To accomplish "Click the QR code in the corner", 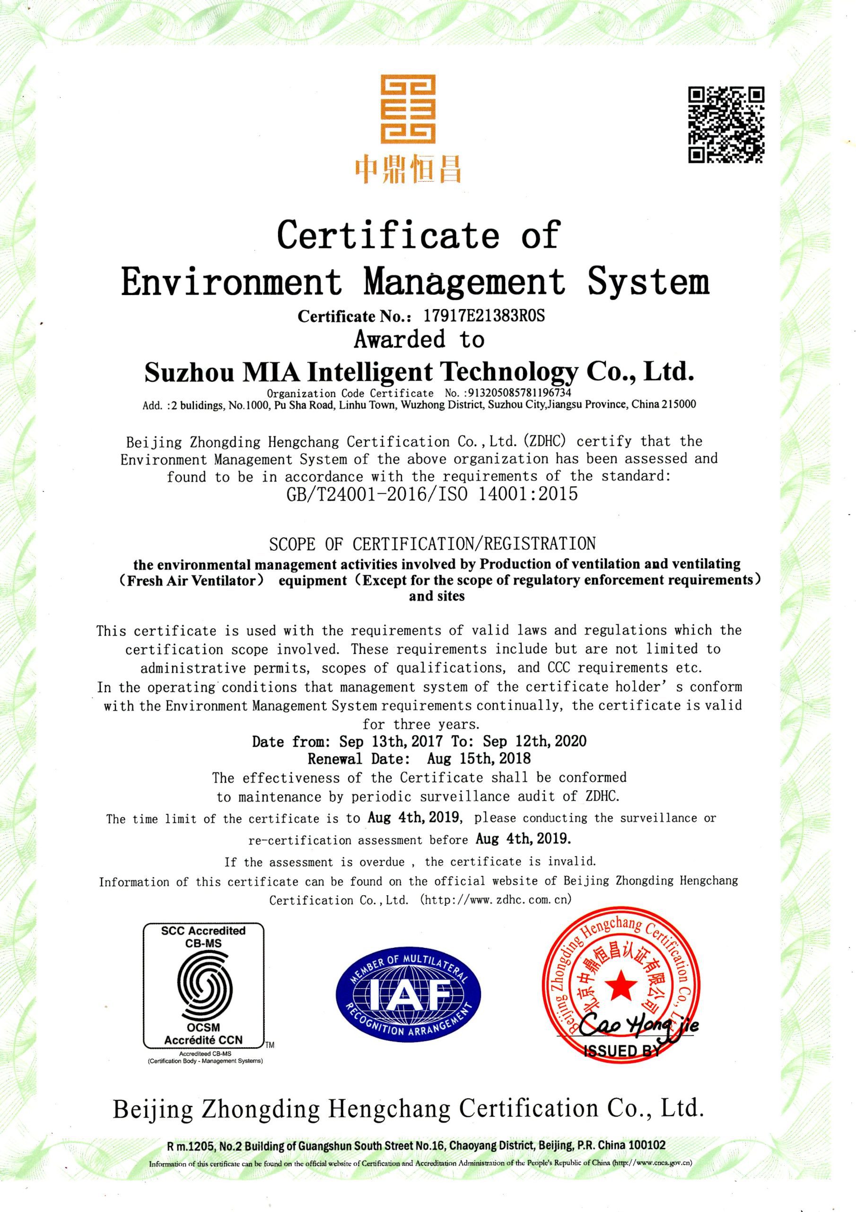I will pyautogui.click(x=726, y=125).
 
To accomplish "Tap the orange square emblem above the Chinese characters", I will pyautogui.click(x=409, y=109).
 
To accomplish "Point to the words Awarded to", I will pyautogui.click(x=419, y=339).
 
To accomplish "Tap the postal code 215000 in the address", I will pyautogui.click(x=681, y=405).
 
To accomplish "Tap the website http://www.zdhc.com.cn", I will pyautogui.click(x=496, y=900).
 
